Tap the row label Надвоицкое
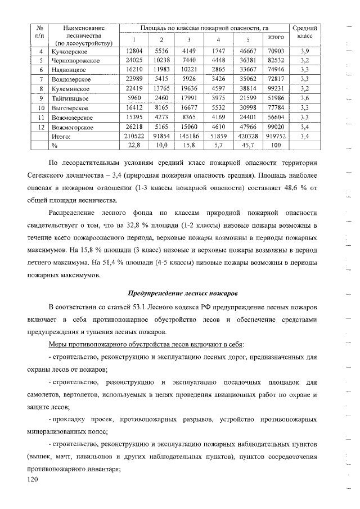[70, 70]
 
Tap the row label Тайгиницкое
[71, 98]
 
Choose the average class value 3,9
[304, 51]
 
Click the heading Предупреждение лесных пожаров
[183, 293]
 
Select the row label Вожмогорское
[72, 127]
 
